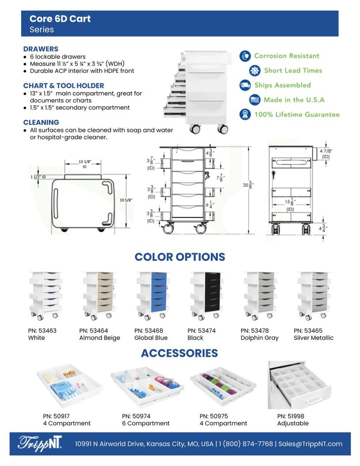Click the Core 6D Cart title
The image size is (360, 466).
point(60,19)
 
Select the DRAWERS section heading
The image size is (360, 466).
point(41,49)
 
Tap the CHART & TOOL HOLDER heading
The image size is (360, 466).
point(64,86)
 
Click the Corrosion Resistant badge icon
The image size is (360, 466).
point(245,56)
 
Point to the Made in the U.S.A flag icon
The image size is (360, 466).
point(255,100)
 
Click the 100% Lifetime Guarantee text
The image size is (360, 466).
point(297,114)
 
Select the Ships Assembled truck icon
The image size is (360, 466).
point(245,85)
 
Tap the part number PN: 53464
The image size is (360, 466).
point(93,330)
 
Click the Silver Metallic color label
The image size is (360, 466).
point(314,338)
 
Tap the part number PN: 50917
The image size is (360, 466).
point(56,415)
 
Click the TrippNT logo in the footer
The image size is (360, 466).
point(40,444)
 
